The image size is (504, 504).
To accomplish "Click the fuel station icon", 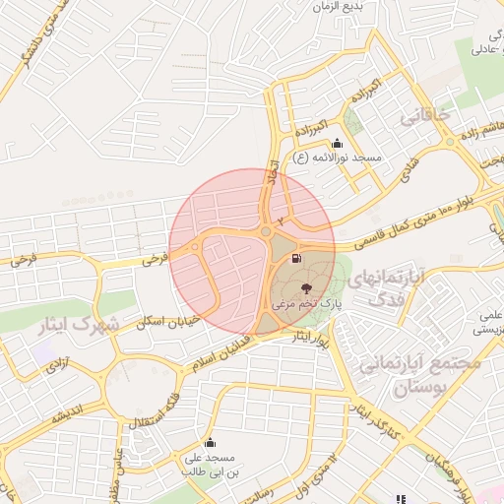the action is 296,260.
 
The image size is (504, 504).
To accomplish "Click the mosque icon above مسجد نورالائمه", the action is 338,143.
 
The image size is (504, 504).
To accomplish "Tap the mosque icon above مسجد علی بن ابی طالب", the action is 210,443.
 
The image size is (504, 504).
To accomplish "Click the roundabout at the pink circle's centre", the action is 266,232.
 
